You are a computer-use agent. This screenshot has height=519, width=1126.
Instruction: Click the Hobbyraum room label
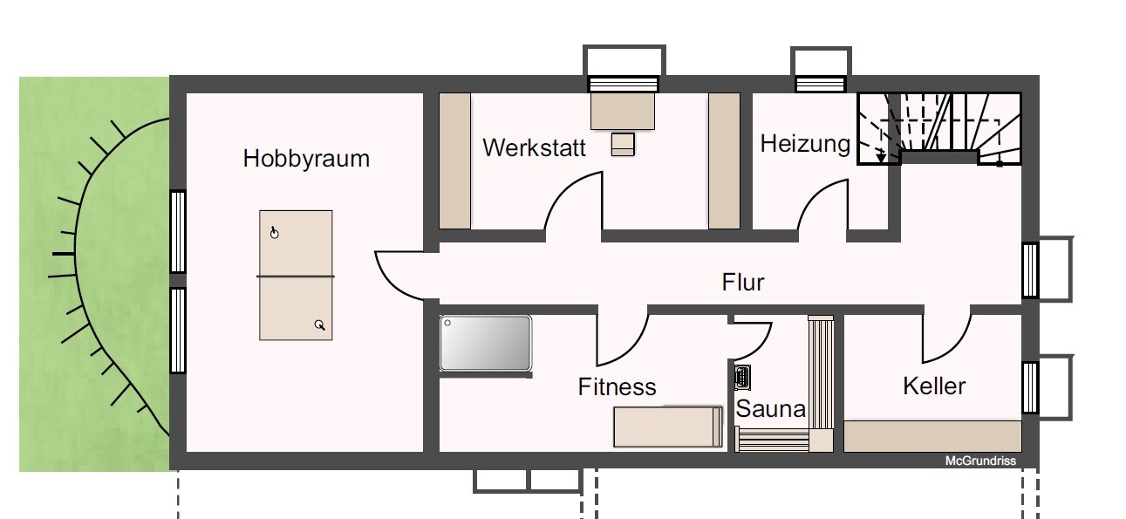click(306, 160)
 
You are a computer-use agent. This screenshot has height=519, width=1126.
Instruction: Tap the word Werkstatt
click(534, 148)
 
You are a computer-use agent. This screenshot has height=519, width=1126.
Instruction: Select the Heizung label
click(805, 145)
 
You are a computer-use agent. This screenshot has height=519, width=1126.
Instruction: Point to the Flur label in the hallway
click(743, 282)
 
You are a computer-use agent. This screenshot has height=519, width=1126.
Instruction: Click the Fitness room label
click(617, 386)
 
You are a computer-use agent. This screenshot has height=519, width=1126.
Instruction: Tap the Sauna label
click(771, 408)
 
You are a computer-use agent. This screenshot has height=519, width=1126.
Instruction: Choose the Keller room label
click(934, 386)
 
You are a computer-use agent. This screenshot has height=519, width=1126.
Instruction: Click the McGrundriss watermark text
click(980, 461)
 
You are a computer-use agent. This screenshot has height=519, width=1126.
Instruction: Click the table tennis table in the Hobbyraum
click(296, 275)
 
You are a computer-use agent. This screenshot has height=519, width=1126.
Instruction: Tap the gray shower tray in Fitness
click(485, 344)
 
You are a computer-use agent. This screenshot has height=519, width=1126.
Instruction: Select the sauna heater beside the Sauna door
click(742, 377)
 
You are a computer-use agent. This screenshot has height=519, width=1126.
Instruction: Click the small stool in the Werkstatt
click(623, 144)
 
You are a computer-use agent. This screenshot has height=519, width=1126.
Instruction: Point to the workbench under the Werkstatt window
click(623, 111)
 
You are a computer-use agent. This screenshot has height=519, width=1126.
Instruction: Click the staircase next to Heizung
click(939, 128)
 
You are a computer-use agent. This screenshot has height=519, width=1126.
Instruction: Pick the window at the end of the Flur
click(1030, 270)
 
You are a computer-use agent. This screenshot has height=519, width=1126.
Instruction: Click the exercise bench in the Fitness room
click(668, 427)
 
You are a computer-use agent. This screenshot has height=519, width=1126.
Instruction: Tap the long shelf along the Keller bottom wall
click(932, 436)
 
